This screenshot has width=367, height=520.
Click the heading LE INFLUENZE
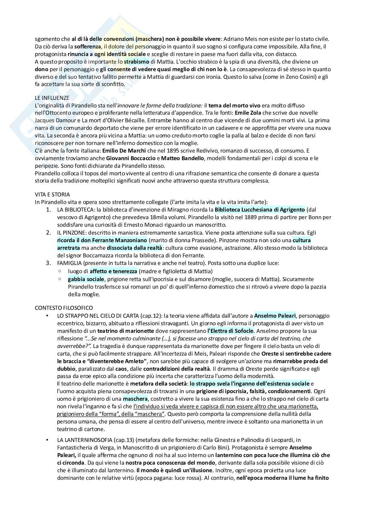point(52,98)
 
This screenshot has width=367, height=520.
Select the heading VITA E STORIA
point(52,194)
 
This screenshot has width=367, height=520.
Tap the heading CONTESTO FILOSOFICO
point(64,308)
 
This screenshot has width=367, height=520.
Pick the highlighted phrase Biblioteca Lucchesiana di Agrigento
point(260,210)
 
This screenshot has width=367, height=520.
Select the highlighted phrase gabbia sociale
point(86,279)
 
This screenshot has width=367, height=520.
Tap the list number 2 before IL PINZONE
point(48,233)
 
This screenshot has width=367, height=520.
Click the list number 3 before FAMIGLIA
point(48,263)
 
